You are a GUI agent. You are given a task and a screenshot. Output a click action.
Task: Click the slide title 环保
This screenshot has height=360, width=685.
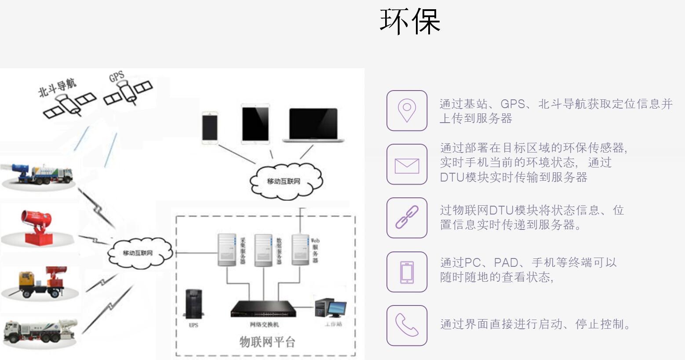click(x=410, y=21)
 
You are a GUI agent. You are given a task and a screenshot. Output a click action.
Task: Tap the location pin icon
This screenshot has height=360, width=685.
click(x=407, y=111)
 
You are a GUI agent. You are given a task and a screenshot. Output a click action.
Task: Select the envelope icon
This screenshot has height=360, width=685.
click(x=407, y=165)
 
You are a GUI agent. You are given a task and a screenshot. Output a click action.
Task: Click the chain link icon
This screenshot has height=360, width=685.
click(x=407, y=218)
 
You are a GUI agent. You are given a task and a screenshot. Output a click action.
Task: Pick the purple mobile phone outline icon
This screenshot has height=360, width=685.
click(x=407, y=272)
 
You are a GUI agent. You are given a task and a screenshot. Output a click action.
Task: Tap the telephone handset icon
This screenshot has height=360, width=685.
click(x=407, y=325)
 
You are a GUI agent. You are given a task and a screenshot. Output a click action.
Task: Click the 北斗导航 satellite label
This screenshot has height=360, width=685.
click(x=57, y=87)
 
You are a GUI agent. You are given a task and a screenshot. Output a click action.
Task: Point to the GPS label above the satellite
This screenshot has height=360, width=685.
click(x=117, y=77)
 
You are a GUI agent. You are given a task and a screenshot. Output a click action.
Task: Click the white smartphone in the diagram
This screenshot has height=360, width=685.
click(x=210, y=127)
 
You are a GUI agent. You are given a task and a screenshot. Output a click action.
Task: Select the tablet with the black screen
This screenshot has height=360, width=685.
click(x=255, y=124)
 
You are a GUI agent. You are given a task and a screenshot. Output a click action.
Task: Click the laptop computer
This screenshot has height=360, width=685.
click(x=313, y=125)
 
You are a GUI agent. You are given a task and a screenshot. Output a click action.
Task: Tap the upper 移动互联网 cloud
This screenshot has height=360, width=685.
click(x=284, y=181)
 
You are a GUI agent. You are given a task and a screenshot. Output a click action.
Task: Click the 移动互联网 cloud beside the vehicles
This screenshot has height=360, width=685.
click(x=138, y=253)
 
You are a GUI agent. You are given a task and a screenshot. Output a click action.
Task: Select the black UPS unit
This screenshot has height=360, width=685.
click(x=193, y=303)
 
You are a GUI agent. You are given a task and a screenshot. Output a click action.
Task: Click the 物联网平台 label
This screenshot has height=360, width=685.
click(x=267, y=342)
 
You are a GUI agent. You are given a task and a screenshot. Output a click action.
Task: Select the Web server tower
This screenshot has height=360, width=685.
click(x=301, y=249)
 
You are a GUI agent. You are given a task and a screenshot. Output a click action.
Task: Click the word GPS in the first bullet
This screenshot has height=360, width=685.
click(x=512, y=104)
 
